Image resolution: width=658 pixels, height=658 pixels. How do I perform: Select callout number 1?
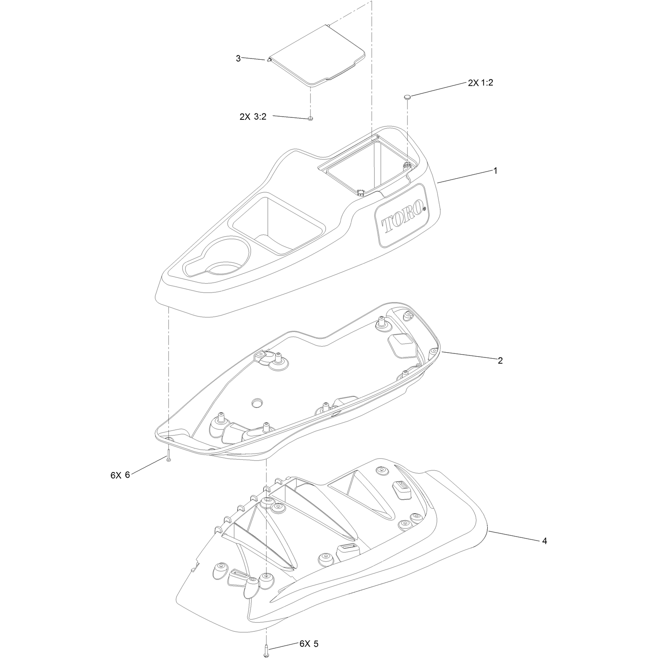click(x=495, y=171)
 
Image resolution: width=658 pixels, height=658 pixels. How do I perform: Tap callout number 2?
click(x=500, y=361)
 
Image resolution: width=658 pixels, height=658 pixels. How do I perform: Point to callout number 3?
click(x=238, y=59)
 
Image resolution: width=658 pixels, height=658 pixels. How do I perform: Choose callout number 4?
click(x=544, y=541)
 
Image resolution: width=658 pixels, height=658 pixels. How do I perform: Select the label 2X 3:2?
click(x=253, y=117)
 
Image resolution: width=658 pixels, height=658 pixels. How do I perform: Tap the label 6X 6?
click(x=120, y=475)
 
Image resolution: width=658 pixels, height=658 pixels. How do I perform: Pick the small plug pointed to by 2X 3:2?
click(x=310, y=119)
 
